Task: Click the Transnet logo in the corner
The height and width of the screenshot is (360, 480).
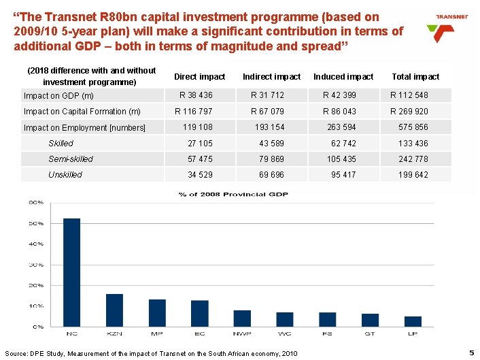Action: click(x=441, y=27)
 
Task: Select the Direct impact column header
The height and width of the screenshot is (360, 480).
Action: click(x=199, y=77)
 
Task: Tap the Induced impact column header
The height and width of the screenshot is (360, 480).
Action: click(x=343, y=77)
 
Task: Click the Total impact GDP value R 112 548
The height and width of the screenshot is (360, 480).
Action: click(x=409, y=95)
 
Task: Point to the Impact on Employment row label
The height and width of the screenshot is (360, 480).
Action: click(x=85, y=128)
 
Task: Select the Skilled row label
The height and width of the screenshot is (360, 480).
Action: click(x=61, y=144)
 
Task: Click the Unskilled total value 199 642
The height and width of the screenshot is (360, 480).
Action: click(x=413, y=175)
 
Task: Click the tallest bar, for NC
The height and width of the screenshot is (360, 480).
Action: click(x=71, y=272)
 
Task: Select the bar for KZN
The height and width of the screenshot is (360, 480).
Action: click(x=114, y=310)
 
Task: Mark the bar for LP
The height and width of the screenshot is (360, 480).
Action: click(x=413, y=321)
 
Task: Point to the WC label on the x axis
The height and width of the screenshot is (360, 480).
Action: click(x=285, y=333)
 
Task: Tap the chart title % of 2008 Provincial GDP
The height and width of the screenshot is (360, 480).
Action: click(x=233, y=195)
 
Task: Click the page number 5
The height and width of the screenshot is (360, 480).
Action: click(x=471, y=353)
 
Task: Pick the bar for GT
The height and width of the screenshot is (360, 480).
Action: click(x=370, y=320)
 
